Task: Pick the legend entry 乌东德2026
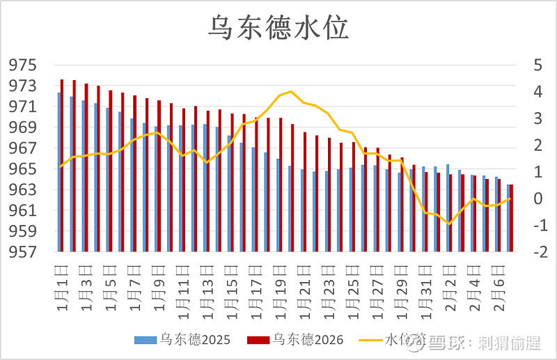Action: (x=295, y=340)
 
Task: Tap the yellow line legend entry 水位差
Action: (x=393, y=340)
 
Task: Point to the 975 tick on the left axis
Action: (x=22, y=65)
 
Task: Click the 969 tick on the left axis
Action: (x=22, y=128)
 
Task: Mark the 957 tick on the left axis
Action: (x=22, y=252)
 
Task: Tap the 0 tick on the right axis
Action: (x=537, y=199)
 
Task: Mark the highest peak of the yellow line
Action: (x=291, y=91)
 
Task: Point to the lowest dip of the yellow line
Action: (x=450, y=224)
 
